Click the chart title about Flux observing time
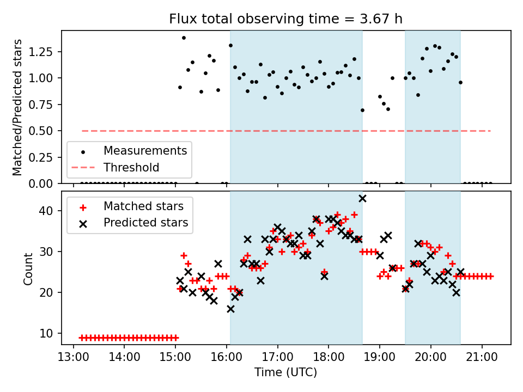(x=285, y=19)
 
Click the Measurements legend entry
(x=145, y=150)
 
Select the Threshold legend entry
(x=131, y=167)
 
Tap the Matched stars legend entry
(x=143, y=206)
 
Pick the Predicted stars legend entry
(x=145, y=222)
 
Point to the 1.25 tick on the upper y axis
(x=44, y=52)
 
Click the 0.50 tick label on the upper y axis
(x=44, y=131)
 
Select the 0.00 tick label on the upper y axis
(x=44, y=183)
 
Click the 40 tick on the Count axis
(x=50, y=211)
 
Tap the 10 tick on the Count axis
(x=50, y=333)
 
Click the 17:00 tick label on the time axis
(x=278, y=357)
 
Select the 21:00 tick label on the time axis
(x=482, y=357)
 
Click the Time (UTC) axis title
(x=285, y=372)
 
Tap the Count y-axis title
(x=28, y=268)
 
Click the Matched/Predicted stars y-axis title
(x=17, y=107)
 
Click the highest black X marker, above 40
(x=362, y=198)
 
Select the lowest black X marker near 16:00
(x=230, y=309)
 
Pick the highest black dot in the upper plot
(x=184, y=38)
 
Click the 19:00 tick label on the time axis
(x=380, y=357)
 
